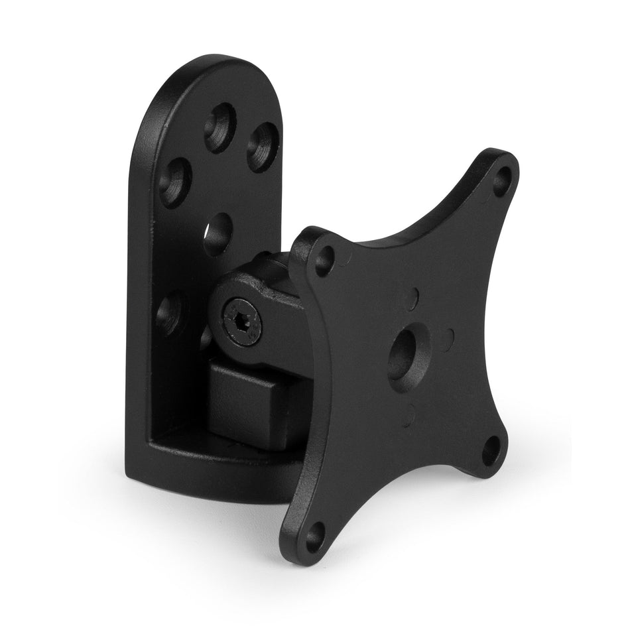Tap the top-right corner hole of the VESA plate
(x=502, y=179)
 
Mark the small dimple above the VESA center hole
(x=414, y=296)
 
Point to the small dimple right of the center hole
(x=450, y=333)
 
